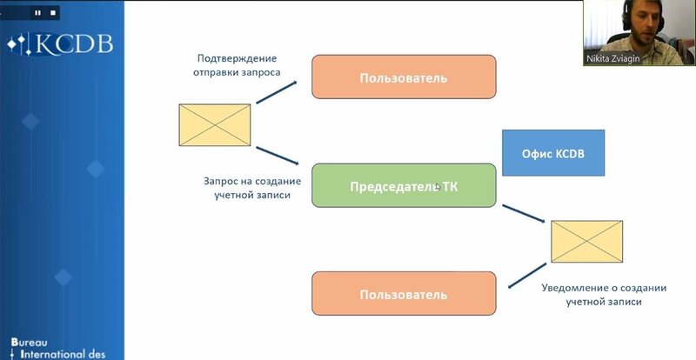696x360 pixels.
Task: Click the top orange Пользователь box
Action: (x=404, y=77)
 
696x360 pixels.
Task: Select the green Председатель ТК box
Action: (x=404, y=184)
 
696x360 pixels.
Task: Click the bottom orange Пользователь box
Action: (x=404, y=294)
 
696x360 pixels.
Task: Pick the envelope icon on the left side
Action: (x=215, y=123)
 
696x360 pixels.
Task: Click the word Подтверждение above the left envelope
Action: (x=238, y=59)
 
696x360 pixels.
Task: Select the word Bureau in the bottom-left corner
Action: (x=33, y=342)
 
